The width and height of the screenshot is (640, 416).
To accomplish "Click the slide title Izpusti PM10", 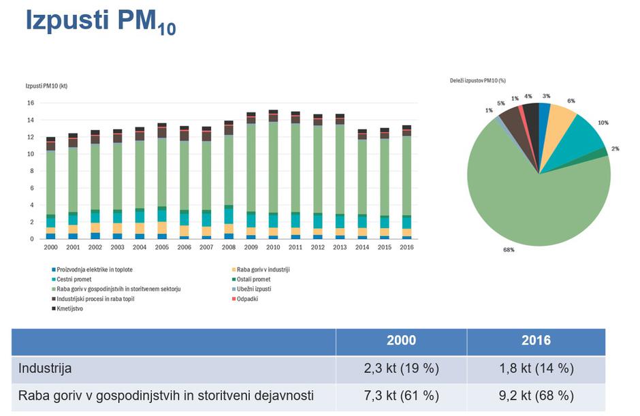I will pyautogui.click(x=100, y=22).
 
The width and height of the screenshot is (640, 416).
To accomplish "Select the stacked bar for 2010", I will pyautogui.click(x=273, y=174).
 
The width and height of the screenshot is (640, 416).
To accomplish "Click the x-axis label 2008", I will pyautogui.click(x=228, y=247).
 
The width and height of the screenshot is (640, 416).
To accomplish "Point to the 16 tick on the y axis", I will pyautogui.click(x=31, y=103).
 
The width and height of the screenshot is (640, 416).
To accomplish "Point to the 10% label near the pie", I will pyautogui.click(x=603, y=123).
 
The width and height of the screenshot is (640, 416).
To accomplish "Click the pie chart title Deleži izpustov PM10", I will pyautogui.click(x=477, y=80).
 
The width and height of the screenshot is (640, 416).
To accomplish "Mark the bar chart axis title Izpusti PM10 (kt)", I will pyautogui.click(x=46, y=86).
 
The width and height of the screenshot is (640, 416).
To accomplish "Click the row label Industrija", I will pyautogui.click(x=44, y=368).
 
